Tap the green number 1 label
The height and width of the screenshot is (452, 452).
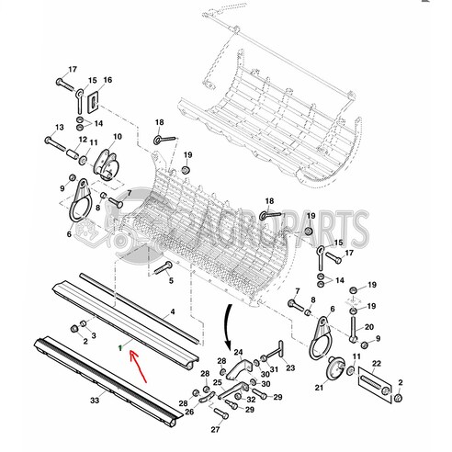coord(119,347)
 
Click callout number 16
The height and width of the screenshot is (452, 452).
coord(107,81)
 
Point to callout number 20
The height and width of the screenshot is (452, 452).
coord(368,327)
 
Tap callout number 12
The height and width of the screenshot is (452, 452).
coord(83,141)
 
